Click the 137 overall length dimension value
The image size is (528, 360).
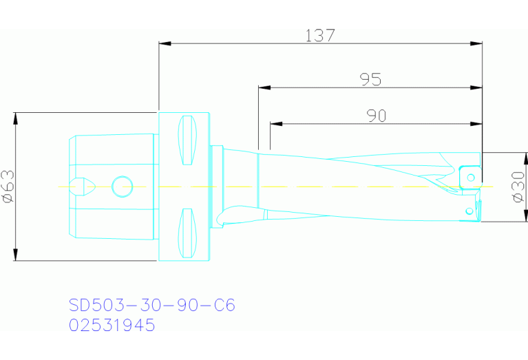tap(320, 35)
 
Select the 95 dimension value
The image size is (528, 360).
tap(370, 79)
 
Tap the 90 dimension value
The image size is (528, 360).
tap(376, 116)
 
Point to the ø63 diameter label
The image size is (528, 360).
tap(8, 187)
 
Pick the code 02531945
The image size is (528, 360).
tap(112, 325)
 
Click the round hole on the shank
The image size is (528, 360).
tap(122, 186)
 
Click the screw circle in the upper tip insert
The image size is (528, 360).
tap(471, 178)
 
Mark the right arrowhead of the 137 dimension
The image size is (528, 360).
tap(476, 43)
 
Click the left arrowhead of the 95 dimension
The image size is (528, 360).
tap(264, 87)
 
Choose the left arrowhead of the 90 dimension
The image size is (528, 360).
tap(275, 125)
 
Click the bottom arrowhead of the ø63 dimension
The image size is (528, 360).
tap(14, 256)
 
